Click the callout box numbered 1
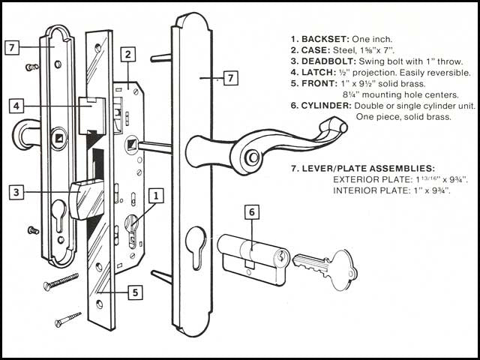(155, 196)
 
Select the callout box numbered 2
(128, 54)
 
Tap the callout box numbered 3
(16, 192)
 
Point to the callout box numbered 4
(16, 106)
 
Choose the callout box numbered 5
(134, 292)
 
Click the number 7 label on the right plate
(230, 77)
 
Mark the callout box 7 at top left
(10, 47)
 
